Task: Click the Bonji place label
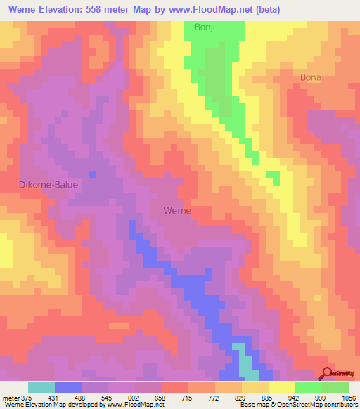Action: pyautogui.click(x=205, y=28)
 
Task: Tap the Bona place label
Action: pyautogui.click(x=310, y=77)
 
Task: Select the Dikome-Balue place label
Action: pyautogui.click(x=48, y=184)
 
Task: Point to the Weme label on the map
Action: pyautogui.click(x=176, y=210)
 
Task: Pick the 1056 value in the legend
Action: pyautogui.click(x=347, y=397)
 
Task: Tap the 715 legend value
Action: pyautogui.click(x=187, y=397)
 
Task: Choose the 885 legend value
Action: pyautogui.click(x=266, y=397)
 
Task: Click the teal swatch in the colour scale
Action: pyautogui.click(x=41, y=387)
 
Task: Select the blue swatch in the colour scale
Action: pyautogui.click(x=68, y=387)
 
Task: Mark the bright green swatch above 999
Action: pyautogui.click(x=308, y=387)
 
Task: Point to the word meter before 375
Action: pyautogui.click(x=11, y=397)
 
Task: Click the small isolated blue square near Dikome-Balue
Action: pyautogui.click(x=91, y=174)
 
